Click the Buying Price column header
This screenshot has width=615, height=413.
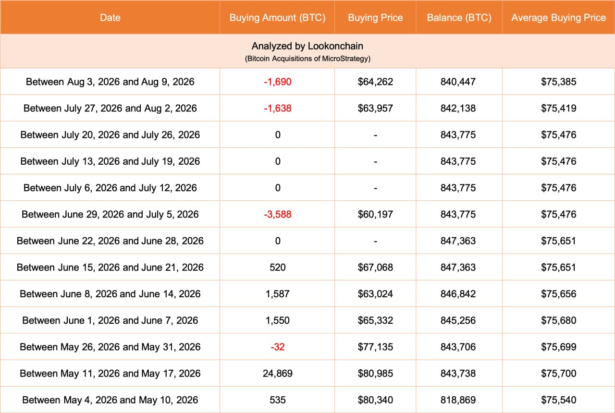(375, 18)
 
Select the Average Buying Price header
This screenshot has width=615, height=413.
(558, 18)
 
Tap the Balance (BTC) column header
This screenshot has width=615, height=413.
(459, 18)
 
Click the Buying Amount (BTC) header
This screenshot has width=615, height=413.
(277, 18)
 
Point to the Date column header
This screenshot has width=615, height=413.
(110, 18)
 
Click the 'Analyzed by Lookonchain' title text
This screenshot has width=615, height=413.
(307, 46)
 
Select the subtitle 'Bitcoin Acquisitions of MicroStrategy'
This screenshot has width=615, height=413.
(307, 59)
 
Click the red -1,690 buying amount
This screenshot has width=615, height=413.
(277, 82)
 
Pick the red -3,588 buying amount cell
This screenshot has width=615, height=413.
(277, 214)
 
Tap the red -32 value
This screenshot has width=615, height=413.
(277, 347)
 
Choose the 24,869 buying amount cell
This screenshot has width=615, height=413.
(277, 374)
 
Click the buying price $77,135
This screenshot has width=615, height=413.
(375, 347)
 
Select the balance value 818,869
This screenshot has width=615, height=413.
(458, 400)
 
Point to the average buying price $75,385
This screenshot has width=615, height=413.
(558, 82)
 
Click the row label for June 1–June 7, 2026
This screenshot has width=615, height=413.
(110, 320)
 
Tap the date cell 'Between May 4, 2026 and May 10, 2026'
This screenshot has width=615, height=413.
(110, 400)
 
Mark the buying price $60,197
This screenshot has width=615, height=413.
(375, 214)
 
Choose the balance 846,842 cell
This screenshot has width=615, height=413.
(458, 294)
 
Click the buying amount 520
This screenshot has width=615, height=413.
(277, 267)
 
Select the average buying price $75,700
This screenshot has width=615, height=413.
(558, 374)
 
